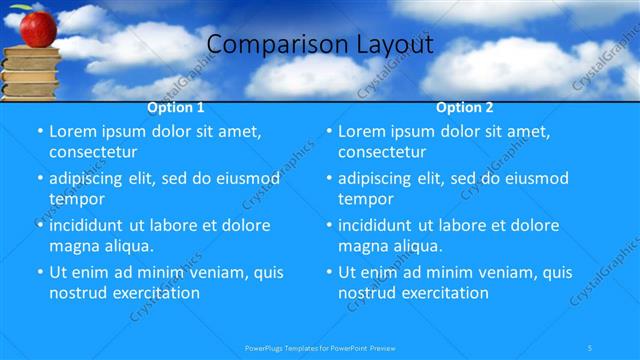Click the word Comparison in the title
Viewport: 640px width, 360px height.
(x=266, y=44)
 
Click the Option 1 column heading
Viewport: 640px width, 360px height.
(x=176, y=107)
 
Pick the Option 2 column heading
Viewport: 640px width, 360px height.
(x=465, y=107)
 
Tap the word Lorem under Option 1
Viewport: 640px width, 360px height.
(x=73, y=131)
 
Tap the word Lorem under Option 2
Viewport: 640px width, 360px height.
(x=362, y=131)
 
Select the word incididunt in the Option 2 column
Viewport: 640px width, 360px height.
(x=382, y=225)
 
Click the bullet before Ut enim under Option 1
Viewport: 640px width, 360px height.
(x=39, y=272)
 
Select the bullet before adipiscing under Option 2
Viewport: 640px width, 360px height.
(x=328, y=179)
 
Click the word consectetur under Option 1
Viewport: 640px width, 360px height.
(x=93, y=152)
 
